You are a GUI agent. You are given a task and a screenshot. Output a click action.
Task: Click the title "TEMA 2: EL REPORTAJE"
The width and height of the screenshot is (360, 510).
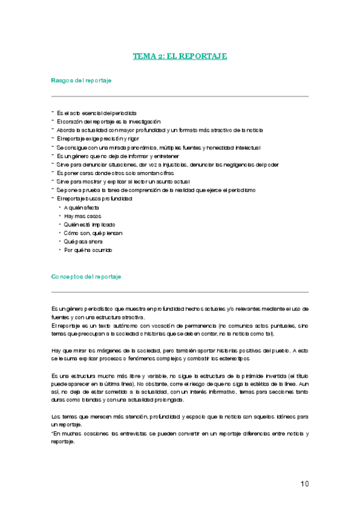tap(180, 57)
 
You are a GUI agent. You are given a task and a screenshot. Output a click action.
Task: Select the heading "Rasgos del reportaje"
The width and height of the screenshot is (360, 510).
tap(81, 80)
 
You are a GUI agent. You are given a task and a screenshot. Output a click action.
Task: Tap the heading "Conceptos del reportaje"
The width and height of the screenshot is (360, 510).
tap(87, 277)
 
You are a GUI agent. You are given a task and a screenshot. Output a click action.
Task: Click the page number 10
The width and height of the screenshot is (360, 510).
tap(304, 484)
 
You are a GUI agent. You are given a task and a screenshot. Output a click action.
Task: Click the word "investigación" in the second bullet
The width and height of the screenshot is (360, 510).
tap(142, 121)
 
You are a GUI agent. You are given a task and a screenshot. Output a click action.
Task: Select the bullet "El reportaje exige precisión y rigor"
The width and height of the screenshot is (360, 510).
tap(98, 138)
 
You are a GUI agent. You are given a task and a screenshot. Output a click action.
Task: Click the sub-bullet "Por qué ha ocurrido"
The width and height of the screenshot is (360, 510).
tap(88, 250)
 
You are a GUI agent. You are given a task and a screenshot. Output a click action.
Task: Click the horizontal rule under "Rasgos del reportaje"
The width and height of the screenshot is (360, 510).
tap(180, 96)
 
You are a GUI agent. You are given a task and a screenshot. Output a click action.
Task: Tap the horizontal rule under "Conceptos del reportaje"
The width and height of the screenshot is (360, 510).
tap(180, 292)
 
